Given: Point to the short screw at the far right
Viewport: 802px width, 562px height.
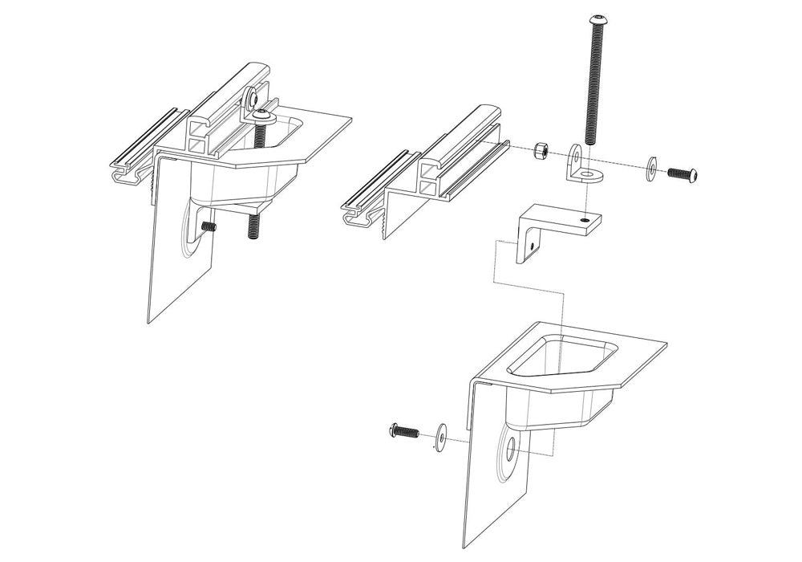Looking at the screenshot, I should point(685,172).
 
